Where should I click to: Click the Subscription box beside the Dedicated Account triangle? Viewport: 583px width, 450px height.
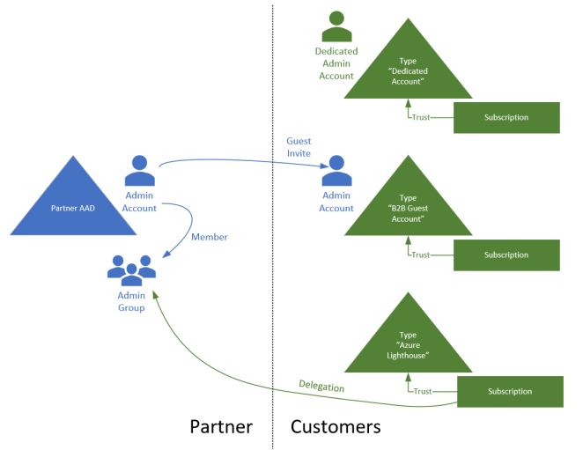coord(506,117)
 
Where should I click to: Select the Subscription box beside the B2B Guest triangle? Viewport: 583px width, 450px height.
coord(506,255)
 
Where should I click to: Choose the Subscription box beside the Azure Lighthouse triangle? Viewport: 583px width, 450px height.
coord(509,391)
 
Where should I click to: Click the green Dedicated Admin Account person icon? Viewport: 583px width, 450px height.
coord(335,26)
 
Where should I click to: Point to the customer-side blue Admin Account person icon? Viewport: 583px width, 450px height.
coord(336,170)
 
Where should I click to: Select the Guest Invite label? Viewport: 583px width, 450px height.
coord(299,147)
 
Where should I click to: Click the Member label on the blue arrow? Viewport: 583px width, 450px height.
coord(209,237)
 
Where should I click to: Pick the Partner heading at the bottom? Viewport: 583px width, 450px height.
coord(221,427)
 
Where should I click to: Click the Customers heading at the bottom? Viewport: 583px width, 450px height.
coord(336,427)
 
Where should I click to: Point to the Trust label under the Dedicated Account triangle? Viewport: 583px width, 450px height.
coord(421,117)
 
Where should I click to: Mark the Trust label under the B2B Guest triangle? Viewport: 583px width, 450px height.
coord(421,255)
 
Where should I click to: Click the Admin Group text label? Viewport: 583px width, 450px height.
coord(131,302)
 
